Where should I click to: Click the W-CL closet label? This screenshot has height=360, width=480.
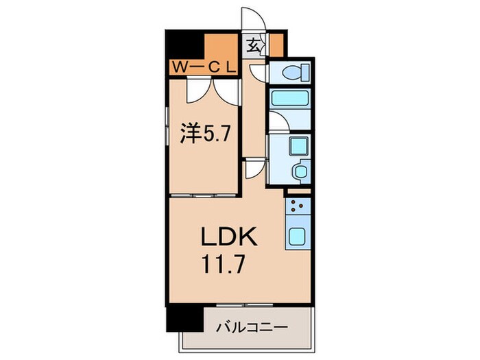(x=204, y=67)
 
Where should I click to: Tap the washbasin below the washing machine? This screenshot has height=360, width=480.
(x=299, y=169)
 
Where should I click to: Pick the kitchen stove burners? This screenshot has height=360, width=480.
(x=298, y=204)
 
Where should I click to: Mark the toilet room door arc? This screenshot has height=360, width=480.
(x=258, y=72)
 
